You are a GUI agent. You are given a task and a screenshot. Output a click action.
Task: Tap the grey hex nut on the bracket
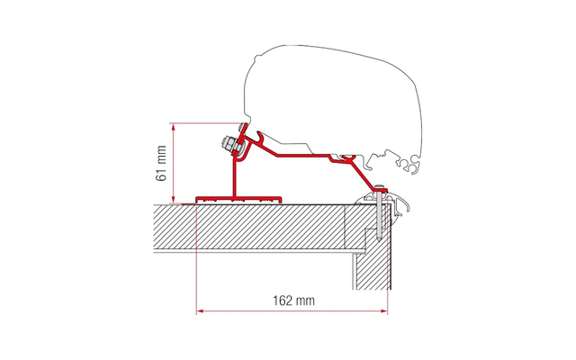pos(226,144)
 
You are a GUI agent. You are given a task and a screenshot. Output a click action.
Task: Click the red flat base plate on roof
pos(239,196)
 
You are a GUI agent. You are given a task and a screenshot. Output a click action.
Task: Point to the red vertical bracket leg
pos(235,175)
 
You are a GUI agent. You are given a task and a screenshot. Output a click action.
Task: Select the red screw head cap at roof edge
pos(383,185)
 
